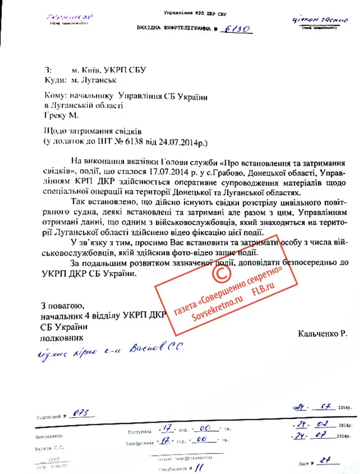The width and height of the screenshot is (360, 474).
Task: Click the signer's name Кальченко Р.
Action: coord(322,334)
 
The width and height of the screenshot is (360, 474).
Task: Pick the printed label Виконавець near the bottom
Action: coord(49,436)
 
